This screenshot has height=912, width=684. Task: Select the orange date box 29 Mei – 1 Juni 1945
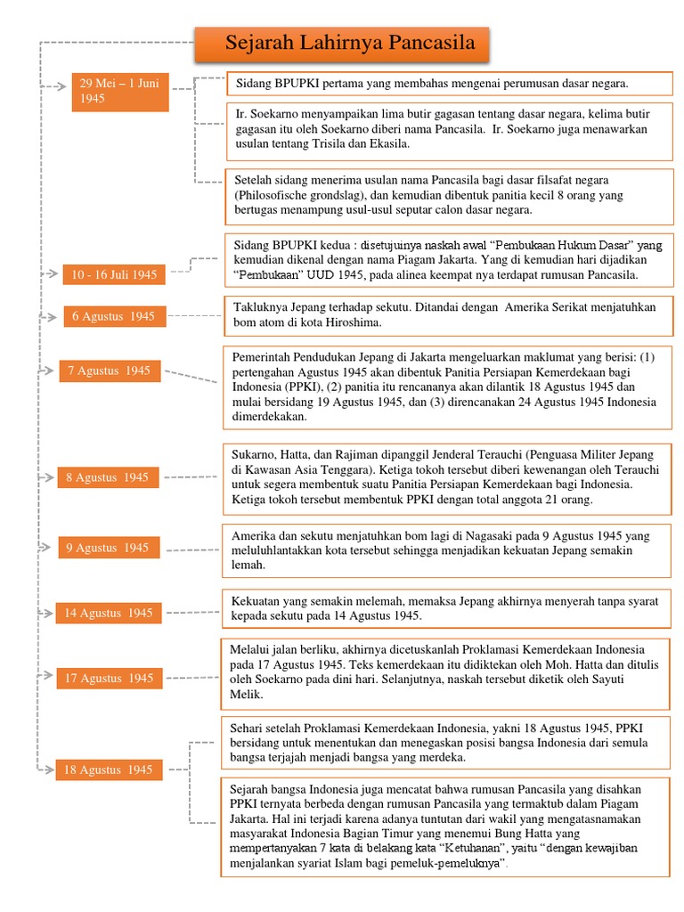click(x=120, y=92)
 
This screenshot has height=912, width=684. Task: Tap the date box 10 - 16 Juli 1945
click(x=113, y=275)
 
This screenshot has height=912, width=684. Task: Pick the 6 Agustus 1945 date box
click(x=113, y=316)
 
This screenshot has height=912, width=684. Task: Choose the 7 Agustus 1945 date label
click(x=110, y=370)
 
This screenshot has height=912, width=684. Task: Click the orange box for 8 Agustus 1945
click(x=108, y=477)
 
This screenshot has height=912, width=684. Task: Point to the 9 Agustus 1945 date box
click(x=108, y=548)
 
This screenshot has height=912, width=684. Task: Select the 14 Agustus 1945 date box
click(x=108, y=613)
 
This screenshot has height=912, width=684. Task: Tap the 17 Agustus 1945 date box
click(x=110, y=679)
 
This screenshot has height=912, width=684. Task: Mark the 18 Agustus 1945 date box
click(x=110, y=769)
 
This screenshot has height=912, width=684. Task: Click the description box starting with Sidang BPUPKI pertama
click(x=450, y=84)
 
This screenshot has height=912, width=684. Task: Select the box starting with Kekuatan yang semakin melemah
click(x=445, y=607)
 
